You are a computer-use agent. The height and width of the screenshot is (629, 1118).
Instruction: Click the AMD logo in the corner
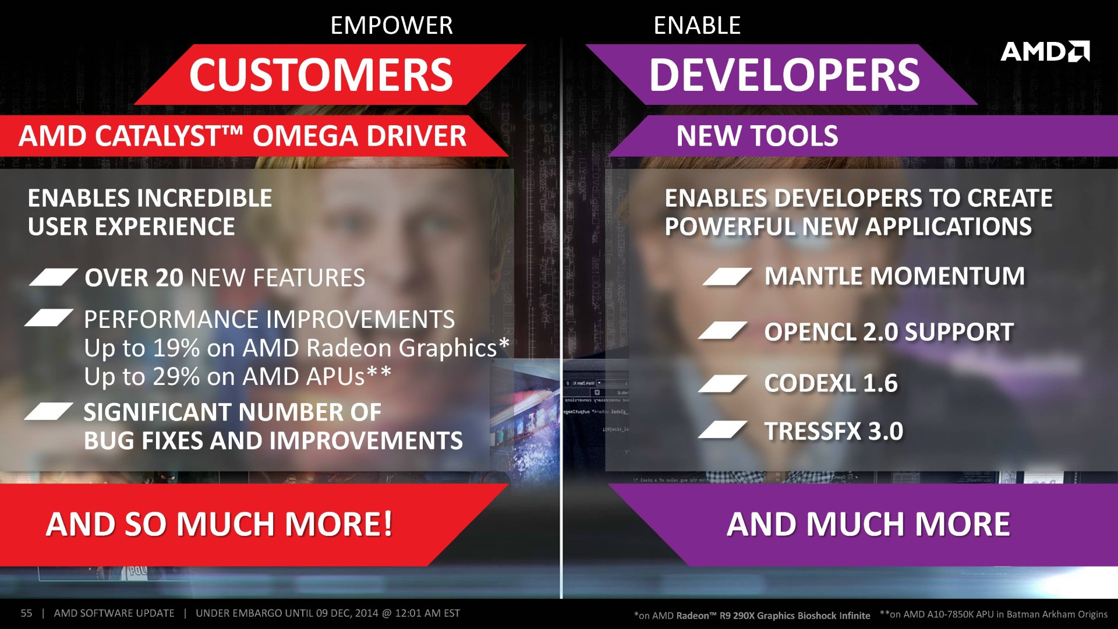click(1045, 51)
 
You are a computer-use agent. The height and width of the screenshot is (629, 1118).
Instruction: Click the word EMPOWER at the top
click(391, 26)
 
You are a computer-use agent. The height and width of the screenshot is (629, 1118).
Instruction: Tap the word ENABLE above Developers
click(697, 26)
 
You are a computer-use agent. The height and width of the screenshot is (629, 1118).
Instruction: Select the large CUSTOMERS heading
click(321, 75)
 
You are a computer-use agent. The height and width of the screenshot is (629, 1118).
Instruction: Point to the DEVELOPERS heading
click(784, 75)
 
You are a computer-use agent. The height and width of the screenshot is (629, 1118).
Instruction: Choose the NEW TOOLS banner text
click(757, 136)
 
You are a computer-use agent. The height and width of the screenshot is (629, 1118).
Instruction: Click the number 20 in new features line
click(169, 278)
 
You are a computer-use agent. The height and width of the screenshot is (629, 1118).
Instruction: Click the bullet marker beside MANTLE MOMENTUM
click(727, 277)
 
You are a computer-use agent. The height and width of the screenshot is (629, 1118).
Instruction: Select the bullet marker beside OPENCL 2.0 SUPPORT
click(723, 330)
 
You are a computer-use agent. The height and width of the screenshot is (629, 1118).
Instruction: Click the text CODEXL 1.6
click(831, 383)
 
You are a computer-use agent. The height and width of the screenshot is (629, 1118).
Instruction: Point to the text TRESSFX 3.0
click(834, 432)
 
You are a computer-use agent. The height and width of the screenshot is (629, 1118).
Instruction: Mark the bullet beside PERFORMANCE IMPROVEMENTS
click(49, 317)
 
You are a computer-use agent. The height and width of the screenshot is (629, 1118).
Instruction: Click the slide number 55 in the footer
click(26, 613)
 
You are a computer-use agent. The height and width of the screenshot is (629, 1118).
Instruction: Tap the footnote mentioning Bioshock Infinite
click(752, 616)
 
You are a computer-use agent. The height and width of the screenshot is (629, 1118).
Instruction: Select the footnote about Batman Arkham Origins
click(993, 614)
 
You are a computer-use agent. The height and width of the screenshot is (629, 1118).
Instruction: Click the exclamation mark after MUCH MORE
click(387, 524)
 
